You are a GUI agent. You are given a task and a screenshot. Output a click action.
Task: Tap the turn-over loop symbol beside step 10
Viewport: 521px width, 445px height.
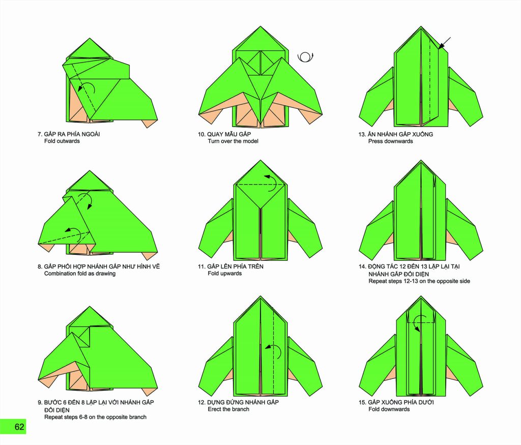(x=305, y=57)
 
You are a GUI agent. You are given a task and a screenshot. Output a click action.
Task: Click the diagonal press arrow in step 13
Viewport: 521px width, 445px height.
(x=445, y=43)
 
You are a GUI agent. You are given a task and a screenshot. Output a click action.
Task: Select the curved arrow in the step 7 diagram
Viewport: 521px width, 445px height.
(x=87, y=87)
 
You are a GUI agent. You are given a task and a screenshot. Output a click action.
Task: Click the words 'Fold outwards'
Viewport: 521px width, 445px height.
(x=62, y=141)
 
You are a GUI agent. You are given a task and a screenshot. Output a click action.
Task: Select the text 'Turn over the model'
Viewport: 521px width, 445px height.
(x=233, y=141)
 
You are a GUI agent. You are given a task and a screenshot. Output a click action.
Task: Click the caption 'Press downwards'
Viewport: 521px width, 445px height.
(x=390, y=141)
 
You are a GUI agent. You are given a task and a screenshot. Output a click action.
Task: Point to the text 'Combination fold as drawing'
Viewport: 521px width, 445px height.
(x=80, y=274)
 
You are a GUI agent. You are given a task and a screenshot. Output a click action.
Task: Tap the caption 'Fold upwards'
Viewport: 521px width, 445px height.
(x=224, y=273)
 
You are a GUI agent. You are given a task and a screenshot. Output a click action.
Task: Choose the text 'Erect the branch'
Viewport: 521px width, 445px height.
(x=228, y=409)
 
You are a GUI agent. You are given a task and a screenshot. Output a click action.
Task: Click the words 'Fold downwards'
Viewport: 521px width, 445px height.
(x=389, y=409)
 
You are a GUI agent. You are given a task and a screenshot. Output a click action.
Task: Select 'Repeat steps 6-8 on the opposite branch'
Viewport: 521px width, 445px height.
(x=95, y=417)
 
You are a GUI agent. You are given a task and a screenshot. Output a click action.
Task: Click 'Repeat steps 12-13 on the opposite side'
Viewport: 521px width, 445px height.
(x=419, y=281)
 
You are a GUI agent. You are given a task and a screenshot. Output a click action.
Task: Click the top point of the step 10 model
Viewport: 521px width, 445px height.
(x=260, y=26)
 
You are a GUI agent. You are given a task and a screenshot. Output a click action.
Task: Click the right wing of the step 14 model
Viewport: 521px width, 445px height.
(x=464, y=229)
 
